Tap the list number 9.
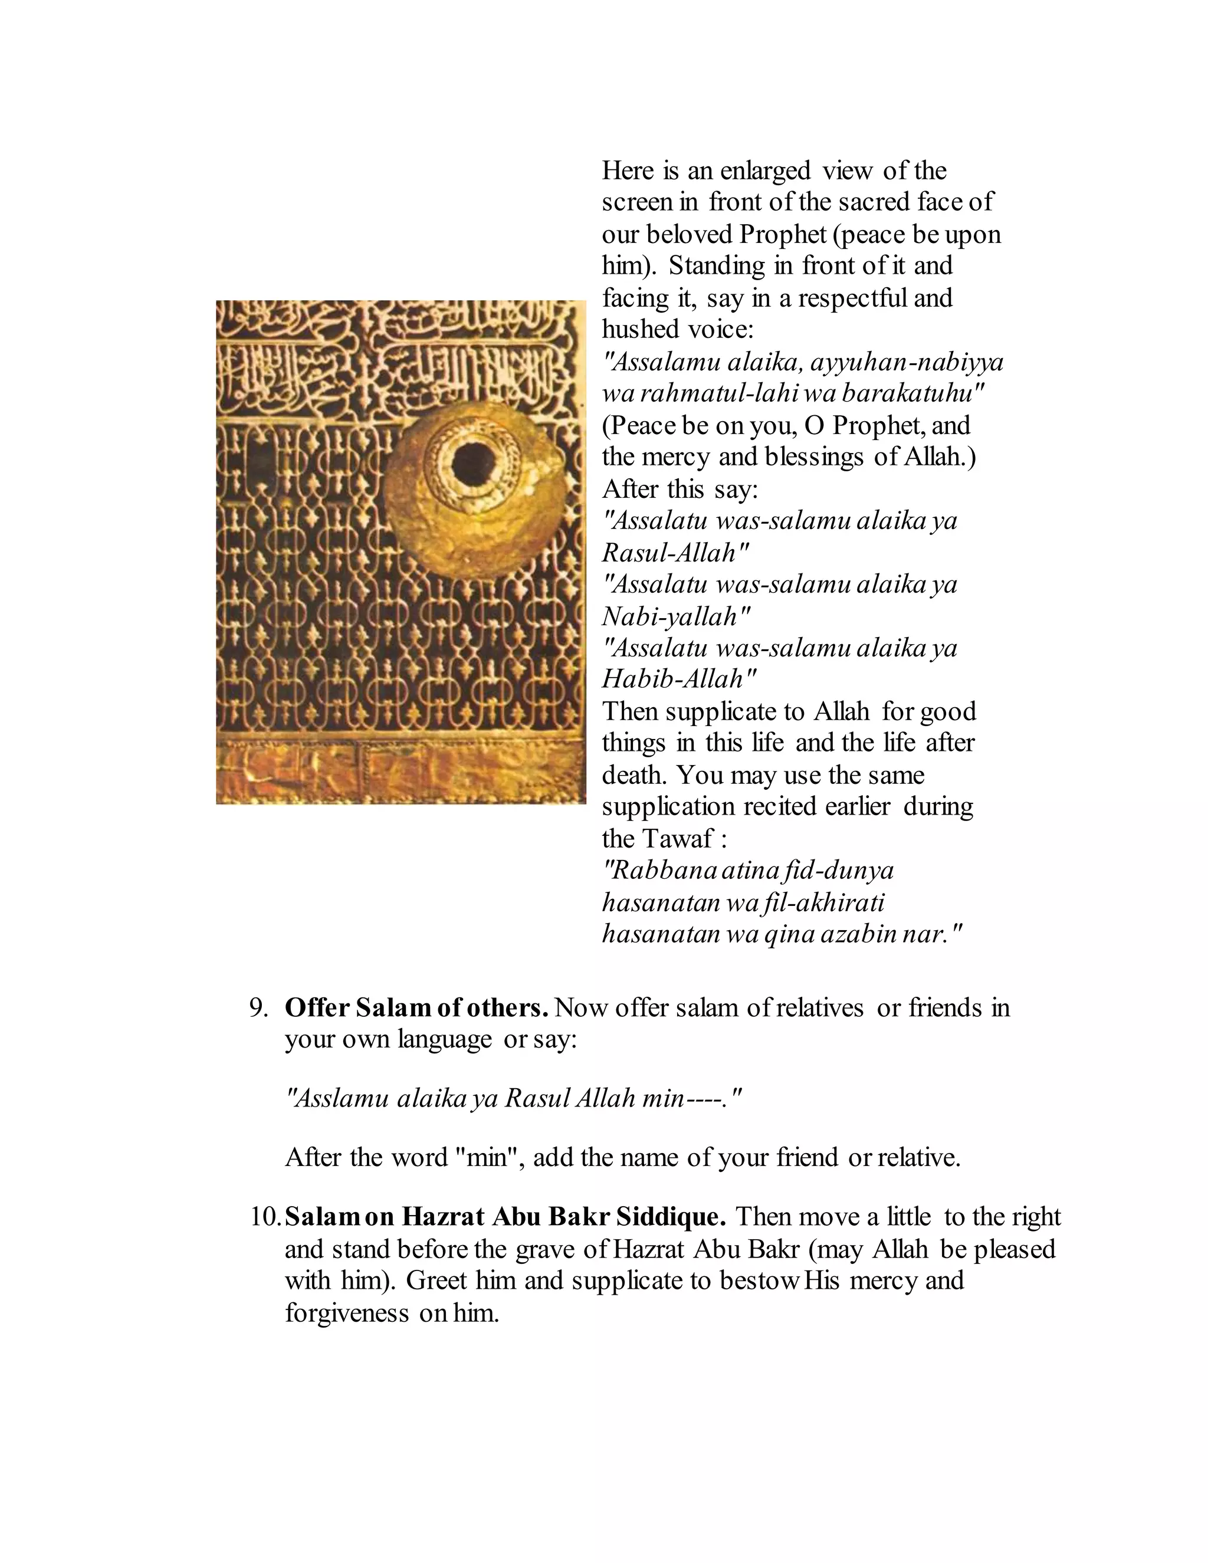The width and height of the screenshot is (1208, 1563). click(258, 1007)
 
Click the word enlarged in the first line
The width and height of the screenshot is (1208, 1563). click(765, 171)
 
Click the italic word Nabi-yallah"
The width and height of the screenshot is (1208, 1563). click(677, 616)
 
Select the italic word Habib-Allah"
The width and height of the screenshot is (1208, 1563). click(680, 678)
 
